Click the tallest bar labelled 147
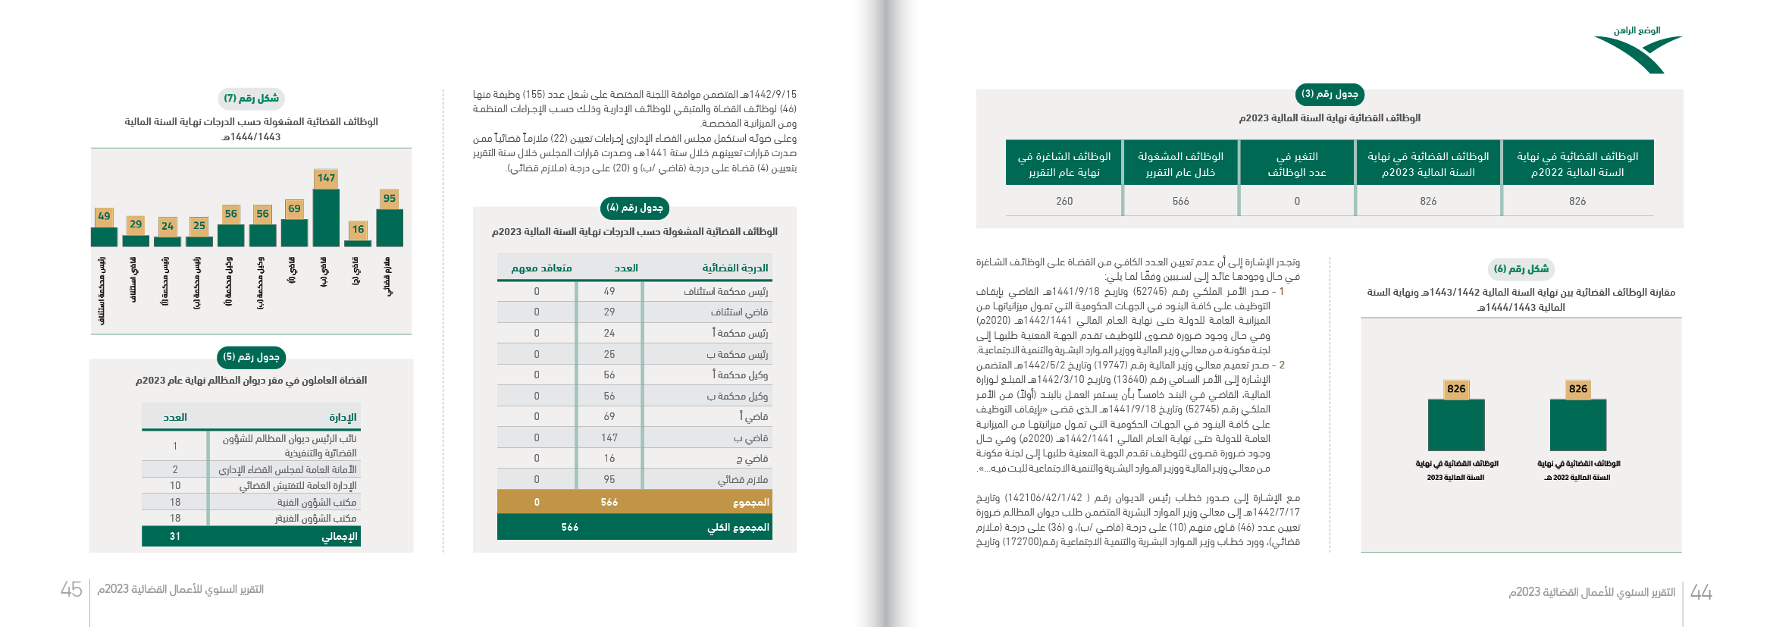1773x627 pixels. (326, 218)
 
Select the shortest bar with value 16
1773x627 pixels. (358, 243)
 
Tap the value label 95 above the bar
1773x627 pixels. (389, 199)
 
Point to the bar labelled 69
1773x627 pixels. (294, 233)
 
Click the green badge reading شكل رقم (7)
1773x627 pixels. (252, 99)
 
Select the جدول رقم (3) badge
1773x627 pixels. (1330, 94)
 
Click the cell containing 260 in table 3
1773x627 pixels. (1064, 202)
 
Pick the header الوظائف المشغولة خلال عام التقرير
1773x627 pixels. (1180, 164)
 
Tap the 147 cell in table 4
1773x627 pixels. (609, 438)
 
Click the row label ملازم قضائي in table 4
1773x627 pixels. (743, 480)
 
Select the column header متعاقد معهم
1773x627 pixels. (541, 268)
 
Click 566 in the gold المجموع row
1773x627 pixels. (609, 503)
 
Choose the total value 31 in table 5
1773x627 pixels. (175, 537)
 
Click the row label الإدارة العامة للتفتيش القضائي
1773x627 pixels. (298, 486)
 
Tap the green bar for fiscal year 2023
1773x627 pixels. (1456, 425)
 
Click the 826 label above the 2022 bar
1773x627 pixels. (1578, 389)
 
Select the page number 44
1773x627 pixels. (1701, 592)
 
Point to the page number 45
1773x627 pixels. (71, 590)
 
